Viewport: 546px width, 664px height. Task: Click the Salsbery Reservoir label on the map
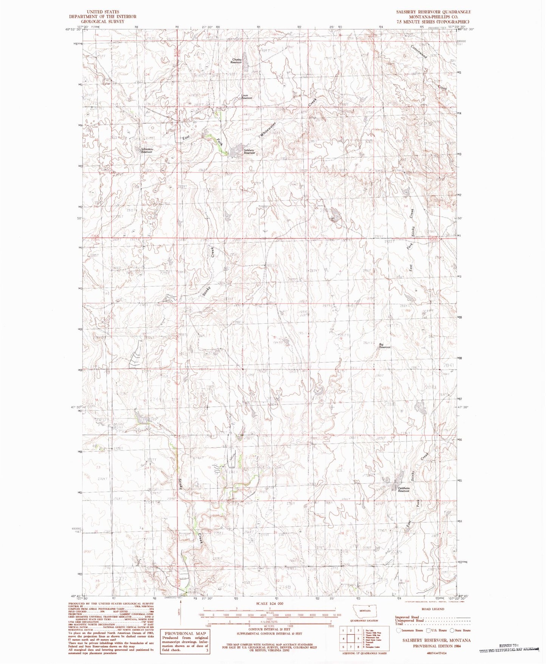[249, 151]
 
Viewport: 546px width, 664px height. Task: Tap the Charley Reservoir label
[237, 60]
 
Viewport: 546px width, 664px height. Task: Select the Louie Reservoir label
[247, 96]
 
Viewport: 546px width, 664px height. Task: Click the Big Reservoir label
[385, 345]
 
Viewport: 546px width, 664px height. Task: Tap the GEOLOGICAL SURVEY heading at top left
[102, 22]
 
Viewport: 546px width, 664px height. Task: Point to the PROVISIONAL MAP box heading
[185, 633]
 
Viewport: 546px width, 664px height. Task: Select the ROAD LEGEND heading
[433, 609]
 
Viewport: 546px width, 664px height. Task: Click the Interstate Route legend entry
[410, 630]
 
